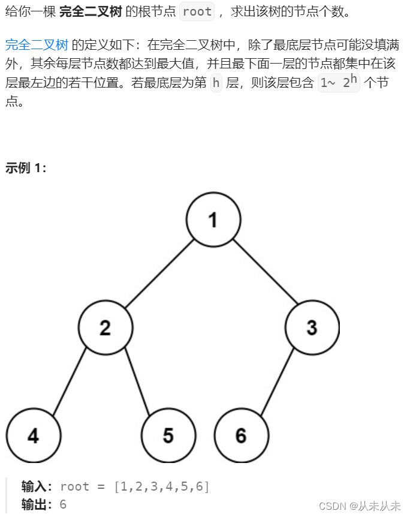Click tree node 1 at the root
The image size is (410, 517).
pos(213,220)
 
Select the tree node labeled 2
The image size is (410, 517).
pos(105,327)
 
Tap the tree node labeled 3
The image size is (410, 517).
pos(312,327)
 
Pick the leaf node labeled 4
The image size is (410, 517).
pos(34,435)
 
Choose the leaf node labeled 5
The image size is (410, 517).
pos(168,435)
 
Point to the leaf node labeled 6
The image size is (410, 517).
pos(241,435)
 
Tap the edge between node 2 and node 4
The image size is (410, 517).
pos(70,381)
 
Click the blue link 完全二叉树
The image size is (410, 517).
pos(37,45)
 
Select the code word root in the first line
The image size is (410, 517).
pos(197,11)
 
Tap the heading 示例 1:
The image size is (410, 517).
pos(26,168)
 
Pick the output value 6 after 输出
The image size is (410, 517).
pos(63,504)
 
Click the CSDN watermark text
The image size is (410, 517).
pos(358,506)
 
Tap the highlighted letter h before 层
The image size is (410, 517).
pos(216,83)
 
